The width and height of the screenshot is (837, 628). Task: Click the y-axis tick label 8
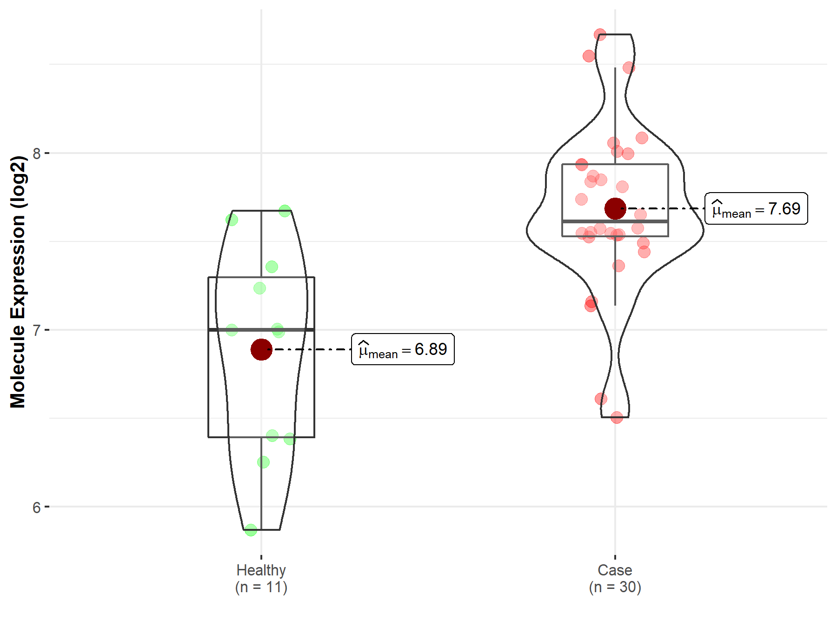click(37, 153)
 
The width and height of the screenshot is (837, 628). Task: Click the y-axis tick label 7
click(37, 330)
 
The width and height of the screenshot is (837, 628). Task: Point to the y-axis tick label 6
click(37, 507)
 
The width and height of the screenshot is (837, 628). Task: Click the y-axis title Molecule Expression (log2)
click(18, 282)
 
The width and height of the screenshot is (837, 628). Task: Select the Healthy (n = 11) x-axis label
click(261, 579)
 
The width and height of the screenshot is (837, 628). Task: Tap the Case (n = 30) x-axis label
click(615, 579)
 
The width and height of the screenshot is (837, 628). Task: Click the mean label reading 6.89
click(403, 349)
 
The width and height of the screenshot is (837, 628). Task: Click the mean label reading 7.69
click(756, 208)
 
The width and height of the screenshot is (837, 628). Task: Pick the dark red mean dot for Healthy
click(261, 349)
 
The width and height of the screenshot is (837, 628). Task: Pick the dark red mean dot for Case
click(615, 208)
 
